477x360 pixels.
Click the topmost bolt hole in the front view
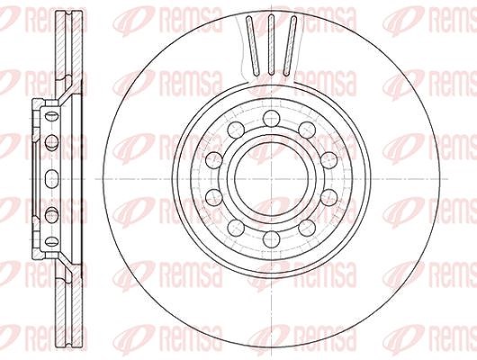coord(272,119)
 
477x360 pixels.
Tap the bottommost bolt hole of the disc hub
coord(272,239)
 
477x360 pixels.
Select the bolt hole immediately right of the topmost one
coord(307,130)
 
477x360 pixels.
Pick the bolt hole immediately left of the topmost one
coord(236,130)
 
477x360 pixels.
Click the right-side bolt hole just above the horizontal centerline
coord(329,160)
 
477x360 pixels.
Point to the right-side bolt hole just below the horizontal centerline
coord(329,197)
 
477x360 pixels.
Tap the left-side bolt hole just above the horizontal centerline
coord(214,160)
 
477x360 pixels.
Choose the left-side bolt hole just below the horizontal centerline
coord(214,197)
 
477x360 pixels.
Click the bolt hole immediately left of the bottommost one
coord(236,228)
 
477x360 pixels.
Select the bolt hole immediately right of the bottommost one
coord(307,228)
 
